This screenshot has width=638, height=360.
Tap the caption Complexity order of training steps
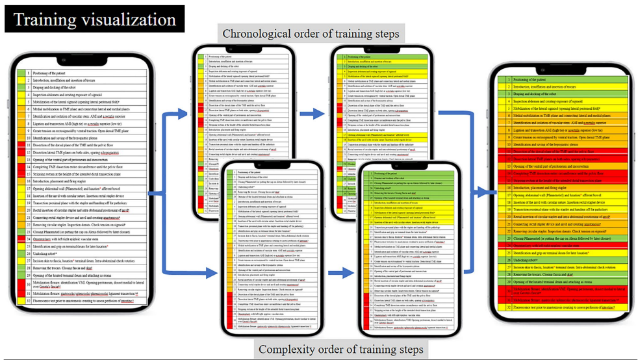(340, 350)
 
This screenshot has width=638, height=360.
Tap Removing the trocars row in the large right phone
(552, 275)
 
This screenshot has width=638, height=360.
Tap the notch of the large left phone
(82, 60)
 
